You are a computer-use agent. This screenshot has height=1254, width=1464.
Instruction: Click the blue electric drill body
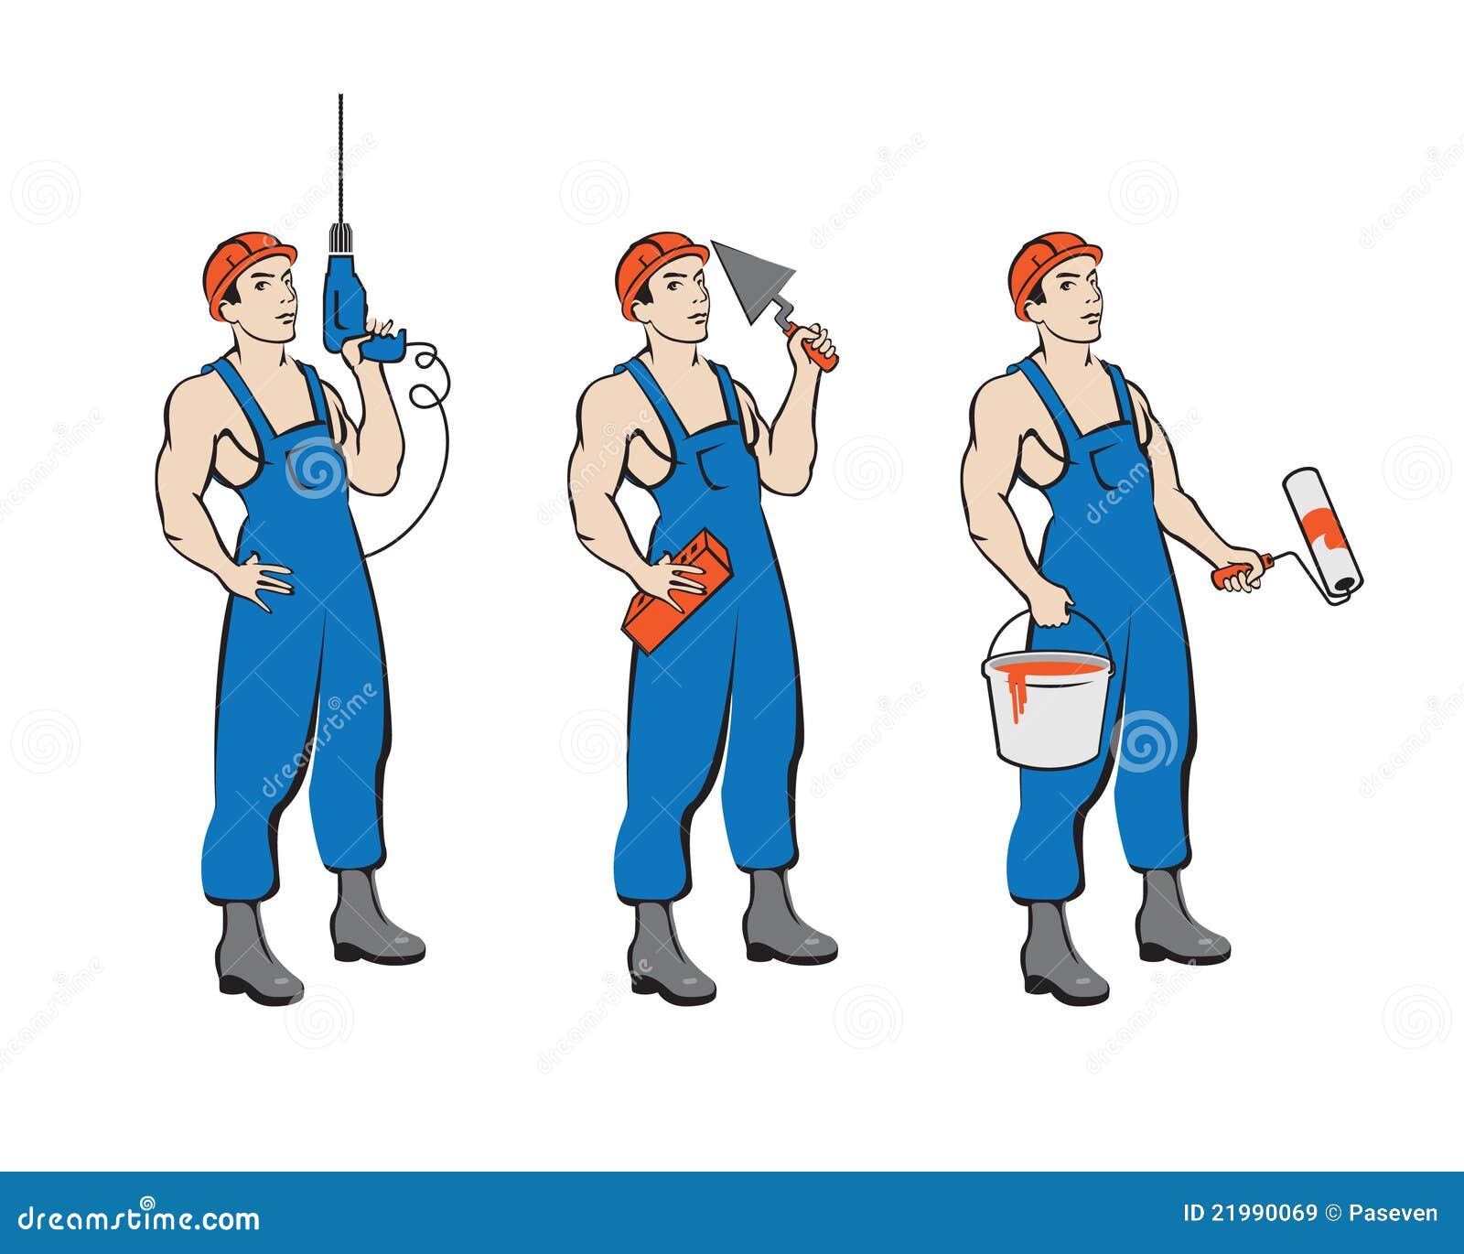(x=344, y=297)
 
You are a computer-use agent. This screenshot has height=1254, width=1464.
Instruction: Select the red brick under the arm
(x=676, y=591)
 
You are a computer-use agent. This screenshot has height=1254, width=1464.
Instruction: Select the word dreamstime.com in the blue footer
(x=139, y=1218)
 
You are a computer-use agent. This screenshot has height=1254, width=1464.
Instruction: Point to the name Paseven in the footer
(x=1393, y=1214)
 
